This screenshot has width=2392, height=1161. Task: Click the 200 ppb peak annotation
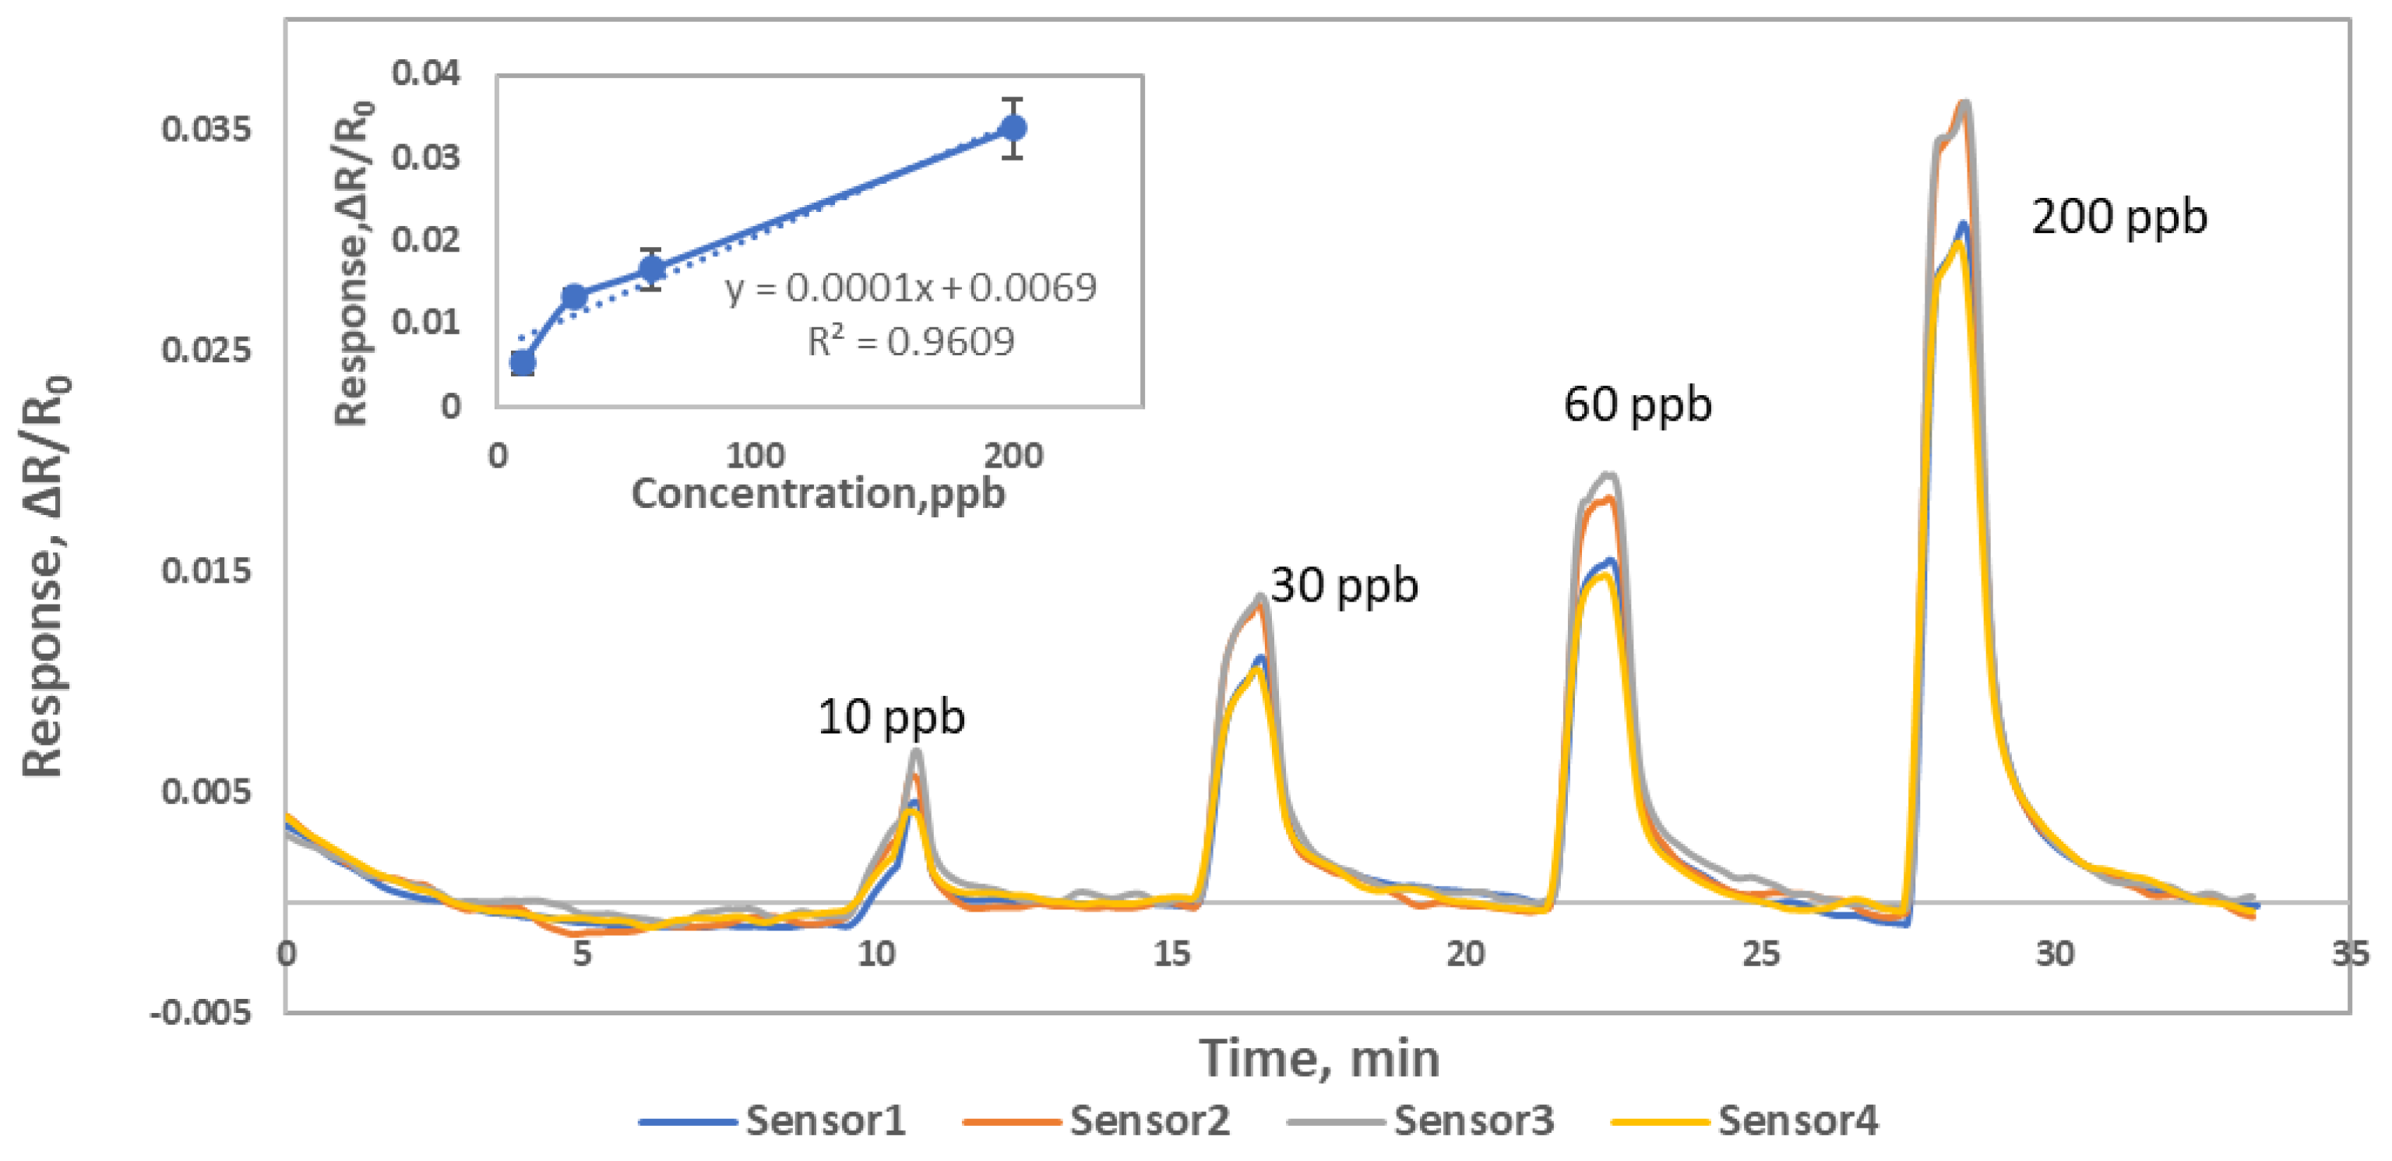pyautogui.click(x=2118, y=217)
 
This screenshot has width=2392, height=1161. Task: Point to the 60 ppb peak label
pyautogui.click(x=1637, y=405)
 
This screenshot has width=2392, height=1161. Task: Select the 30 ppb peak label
pyautogui.click(x=1344, y=586)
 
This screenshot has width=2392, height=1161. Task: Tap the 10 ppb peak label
pyautogui.click(x=890, y=717)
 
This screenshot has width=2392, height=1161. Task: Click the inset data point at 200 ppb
pyautogui.click(x=1013, y=128)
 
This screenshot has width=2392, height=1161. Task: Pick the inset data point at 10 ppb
pyautogui.click(x=523, y=362)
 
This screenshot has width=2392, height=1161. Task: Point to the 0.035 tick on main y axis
pyautogui.click(x=206, y=129)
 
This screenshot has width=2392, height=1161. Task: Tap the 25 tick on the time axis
pyautogui.click(x=1760, y=954)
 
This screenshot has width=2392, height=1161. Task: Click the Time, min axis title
pyautogui.click(x=1319, y=1058)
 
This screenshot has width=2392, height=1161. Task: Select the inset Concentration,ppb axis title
pyautogui.click(x=818, y=493)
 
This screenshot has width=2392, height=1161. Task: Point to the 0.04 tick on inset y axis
pyautogui.click(x=425, y=72)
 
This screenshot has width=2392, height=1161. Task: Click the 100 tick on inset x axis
pyautogui.click(x=755, y=456)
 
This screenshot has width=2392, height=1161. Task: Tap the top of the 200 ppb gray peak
pyautogui.click(x=1966, y=104)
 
